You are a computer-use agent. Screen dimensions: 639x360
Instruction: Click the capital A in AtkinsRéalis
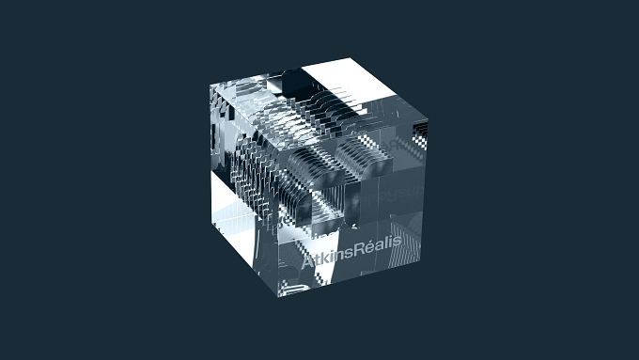(308, 260)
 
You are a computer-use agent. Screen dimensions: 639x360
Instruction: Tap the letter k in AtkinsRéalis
(326, 257)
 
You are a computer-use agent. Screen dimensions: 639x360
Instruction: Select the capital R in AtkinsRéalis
(360, 249)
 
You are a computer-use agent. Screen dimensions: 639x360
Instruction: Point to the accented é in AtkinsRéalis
(372, 246)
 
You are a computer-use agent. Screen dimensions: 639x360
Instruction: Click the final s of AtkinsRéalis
(397, 243)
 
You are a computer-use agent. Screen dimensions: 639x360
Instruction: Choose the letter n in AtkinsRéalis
(340, 255)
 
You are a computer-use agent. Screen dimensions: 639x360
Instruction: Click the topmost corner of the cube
(350, 58)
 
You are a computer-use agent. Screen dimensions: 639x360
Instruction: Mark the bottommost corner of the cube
(278, 297)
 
